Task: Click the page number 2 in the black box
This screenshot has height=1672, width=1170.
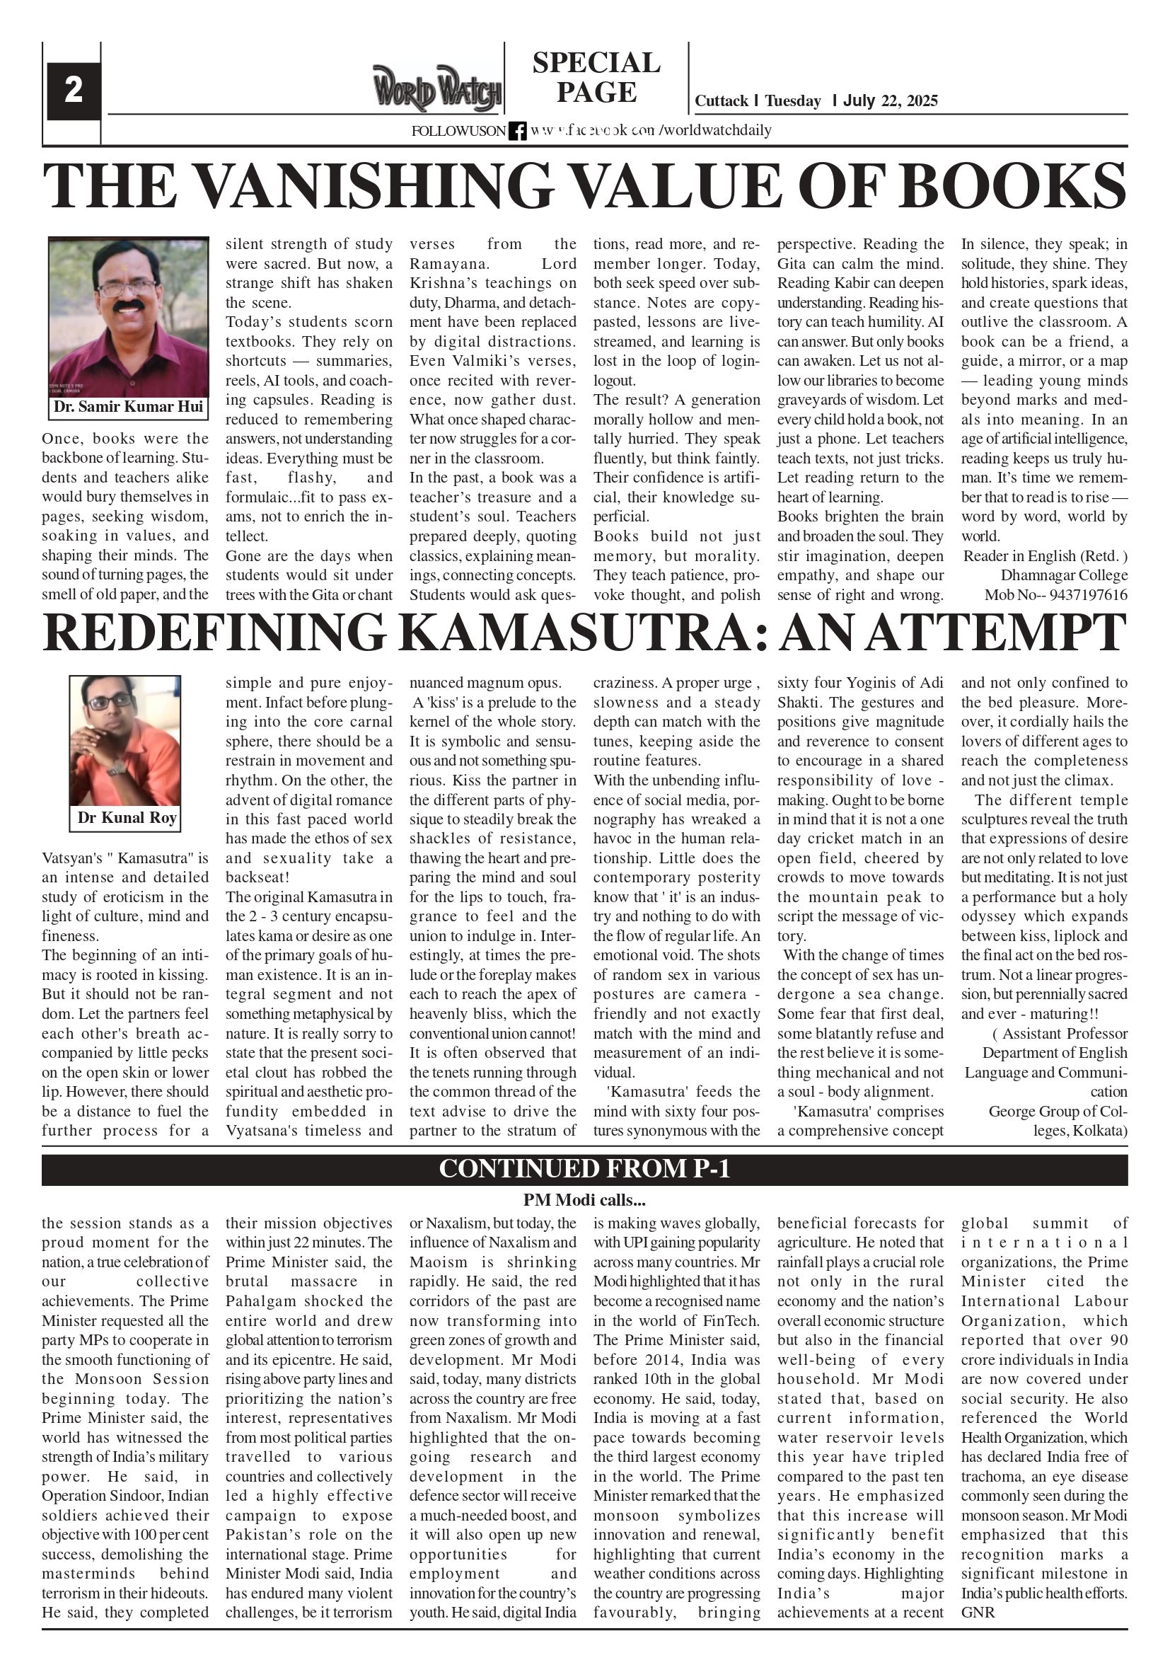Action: pos(73,91)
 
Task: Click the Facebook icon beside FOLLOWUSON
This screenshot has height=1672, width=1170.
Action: pos(518,131)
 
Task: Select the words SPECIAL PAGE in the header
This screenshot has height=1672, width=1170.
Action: pos(596,78)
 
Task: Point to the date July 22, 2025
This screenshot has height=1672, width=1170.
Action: pos(890,101)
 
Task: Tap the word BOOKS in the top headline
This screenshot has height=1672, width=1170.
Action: pos(1014,186)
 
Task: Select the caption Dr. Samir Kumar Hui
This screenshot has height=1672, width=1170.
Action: pos(128,407)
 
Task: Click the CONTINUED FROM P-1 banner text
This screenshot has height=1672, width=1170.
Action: pos(584,1169)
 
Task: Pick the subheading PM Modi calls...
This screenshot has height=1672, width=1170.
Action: pos(584,1199)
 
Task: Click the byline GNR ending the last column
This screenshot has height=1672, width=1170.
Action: pos(978,1613)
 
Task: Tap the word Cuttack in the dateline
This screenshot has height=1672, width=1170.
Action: pos(721,101)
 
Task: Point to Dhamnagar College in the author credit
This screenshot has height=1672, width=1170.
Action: pos(1064,575)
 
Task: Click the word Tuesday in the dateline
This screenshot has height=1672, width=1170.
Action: pos(792,101)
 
